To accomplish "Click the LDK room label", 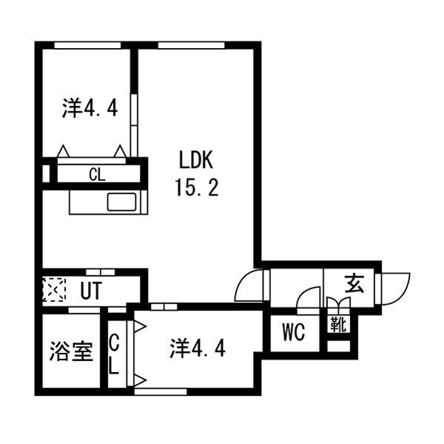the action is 196,161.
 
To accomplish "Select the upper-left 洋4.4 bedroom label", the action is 90,108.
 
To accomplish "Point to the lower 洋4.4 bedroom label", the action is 198,349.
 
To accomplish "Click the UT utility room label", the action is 91,291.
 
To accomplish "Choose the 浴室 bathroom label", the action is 71,351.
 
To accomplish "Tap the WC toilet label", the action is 293,332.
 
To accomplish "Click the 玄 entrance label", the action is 354,284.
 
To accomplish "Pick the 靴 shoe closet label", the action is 338,324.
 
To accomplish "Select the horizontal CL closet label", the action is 97,175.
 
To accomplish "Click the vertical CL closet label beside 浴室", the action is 113,354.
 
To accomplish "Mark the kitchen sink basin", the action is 121,202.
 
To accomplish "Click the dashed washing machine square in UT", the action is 54,289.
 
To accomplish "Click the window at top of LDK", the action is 191,45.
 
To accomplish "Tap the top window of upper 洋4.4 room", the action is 87,45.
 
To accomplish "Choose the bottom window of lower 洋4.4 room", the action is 161,392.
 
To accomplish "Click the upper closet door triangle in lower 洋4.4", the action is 140,326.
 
